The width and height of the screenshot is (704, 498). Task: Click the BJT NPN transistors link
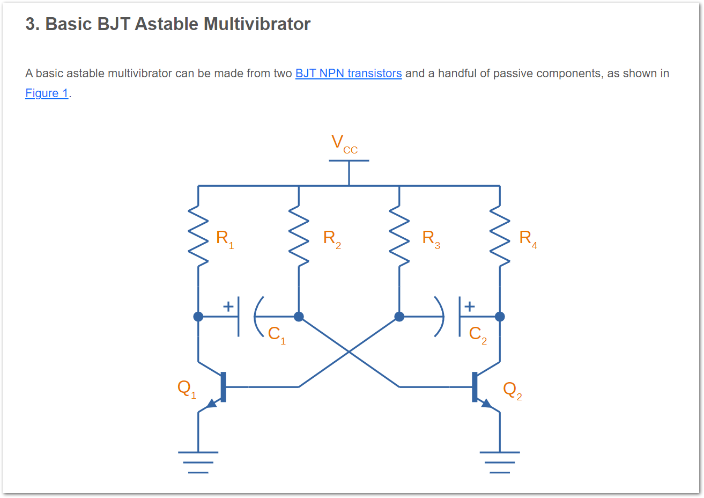pos(349,74)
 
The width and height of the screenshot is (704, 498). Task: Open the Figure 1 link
pos(47,93)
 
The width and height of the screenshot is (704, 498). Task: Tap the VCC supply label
pos(344,144)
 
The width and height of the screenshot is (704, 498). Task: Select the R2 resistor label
pos(332,238)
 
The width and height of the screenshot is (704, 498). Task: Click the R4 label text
pos(528,238)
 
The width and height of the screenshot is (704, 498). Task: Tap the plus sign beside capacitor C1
pos(228,306)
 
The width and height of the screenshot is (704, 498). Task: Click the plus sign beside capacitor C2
pos(470,306)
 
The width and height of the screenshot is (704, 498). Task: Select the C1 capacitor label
pos(277,334)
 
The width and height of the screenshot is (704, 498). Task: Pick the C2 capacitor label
pos(478,334)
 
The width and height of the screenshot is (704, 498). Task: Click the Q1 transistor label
pos(187,389)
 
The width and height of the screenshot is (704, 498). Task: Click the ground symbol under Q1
pos(198,462)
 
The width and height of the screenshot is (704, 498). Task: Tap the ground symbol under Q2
pos(500,462)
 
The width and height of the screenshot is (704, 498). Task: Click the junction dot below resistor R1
pos(198,317)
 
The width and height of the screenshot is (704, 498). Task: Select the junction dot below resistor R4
pos(500,317)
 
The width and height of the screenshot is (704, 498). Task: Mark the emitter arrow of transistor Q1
pos(212,403)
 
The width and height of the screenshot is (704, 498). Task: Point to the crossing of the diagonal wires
pos(349,351)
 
